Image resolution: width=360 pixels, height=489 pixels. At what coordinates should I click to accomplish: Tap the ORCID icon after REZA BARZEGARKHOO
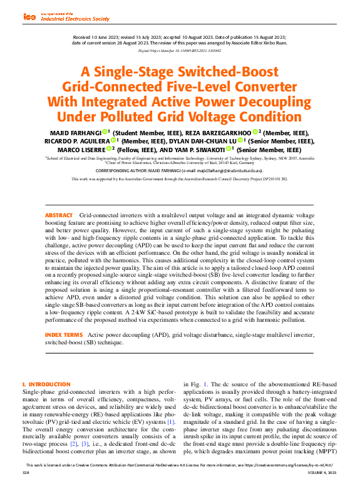click(255, 132)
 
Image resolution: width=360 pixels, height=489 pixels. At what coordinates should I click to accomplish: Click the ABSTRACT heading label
click(59, 215)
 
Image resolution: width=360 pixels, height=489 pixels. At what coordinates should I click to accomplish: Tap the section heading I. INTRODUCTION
click(46, 384)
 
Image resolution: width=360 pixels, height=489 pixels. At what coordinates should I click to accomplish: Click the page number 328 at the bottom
click(26, 482)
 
